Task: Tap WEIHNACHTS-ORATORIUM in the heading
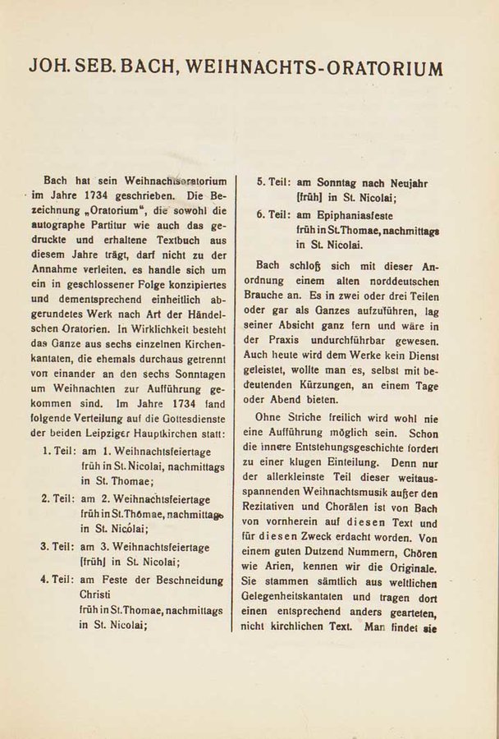coord(317,68)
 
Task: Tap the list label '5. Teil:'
coord(274,183)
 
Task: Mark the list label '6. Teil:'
coord(274,214)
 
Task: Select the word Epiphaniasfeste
coord(356,214)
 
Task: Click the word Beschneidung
coord(185,579)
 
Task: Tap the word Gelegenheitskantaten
coord(304,600)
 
